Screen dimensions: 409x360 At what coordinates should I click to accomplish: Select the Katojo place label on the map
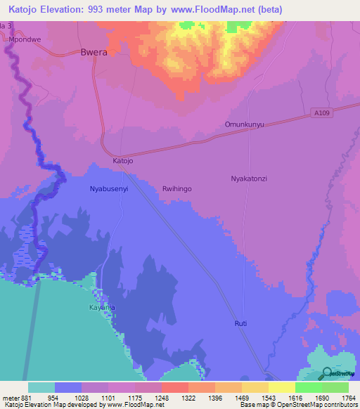click(123, 161)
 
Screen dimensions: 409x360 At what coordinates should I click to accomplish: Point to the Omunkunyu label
click(244, 124)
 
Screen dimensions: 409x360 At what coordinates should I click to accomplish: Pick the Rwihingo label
click(177, 189)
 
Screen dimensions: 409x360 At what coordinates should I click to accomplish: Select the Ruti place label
click(241, 323)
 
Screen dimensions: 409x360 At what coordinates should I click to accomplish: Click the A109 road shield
click(320, 112)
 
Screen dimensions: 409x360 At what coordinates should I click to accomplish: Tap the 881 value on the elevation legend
click(27, 397)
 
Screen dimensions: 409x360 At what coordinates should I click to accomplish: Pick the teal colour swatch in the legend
click(41, 387)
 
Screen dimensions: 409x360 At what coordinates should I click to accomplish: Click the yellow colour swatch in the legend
click(281, 387)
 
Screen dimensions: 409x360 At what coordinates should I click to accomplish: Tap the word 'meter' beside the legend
click(10, 397)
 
